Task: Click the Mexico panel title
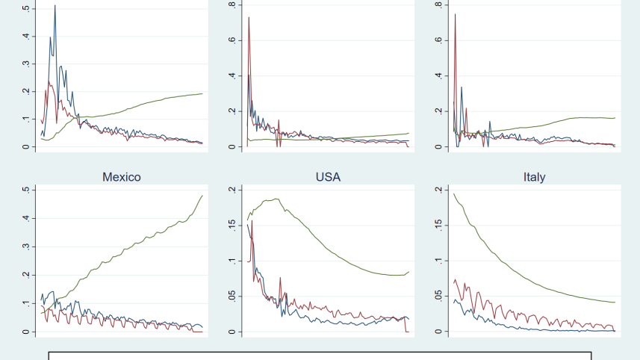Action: point(121,177)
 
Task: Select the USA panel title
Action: point(327,177)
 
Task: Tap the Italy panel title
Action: point(534,177)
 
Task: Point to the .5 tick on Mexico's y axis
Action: point(26,190)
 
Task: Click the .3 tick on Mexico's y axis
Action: point(26,246)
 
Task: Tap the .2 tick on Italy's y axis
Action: point(438,190)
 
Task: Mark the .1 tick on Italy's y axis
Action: point(438,261)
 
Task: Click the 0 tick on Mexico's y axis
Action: point(26,332)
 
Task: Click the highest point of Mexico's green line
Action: point(202,196)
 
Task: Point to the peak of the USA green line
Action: point(277,199)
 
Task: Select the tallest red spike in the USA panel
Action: point(252,221)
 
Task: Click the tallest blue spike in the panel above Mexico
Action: point(55,6)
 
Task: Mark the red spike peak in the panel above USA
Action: point(249,17)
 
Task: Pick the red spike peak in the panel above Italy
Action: point(455,14)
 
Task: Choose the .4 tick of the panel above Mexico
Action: point(26,36)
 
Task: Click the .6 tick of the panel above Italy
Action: point(438,40)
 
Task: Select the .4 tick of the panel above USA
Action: point(232,75)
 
